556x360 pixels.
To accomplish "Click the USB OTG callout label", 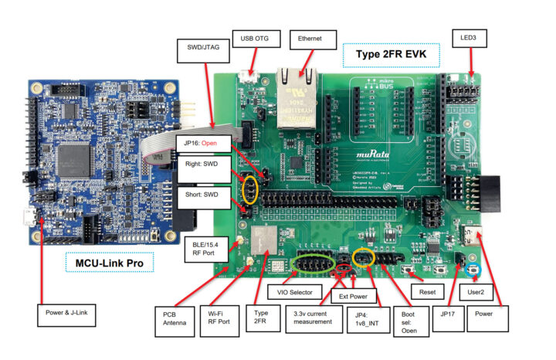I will (x=254, y=39).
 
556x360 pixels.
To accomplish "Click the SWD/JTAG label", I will (x=202, y=49).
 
